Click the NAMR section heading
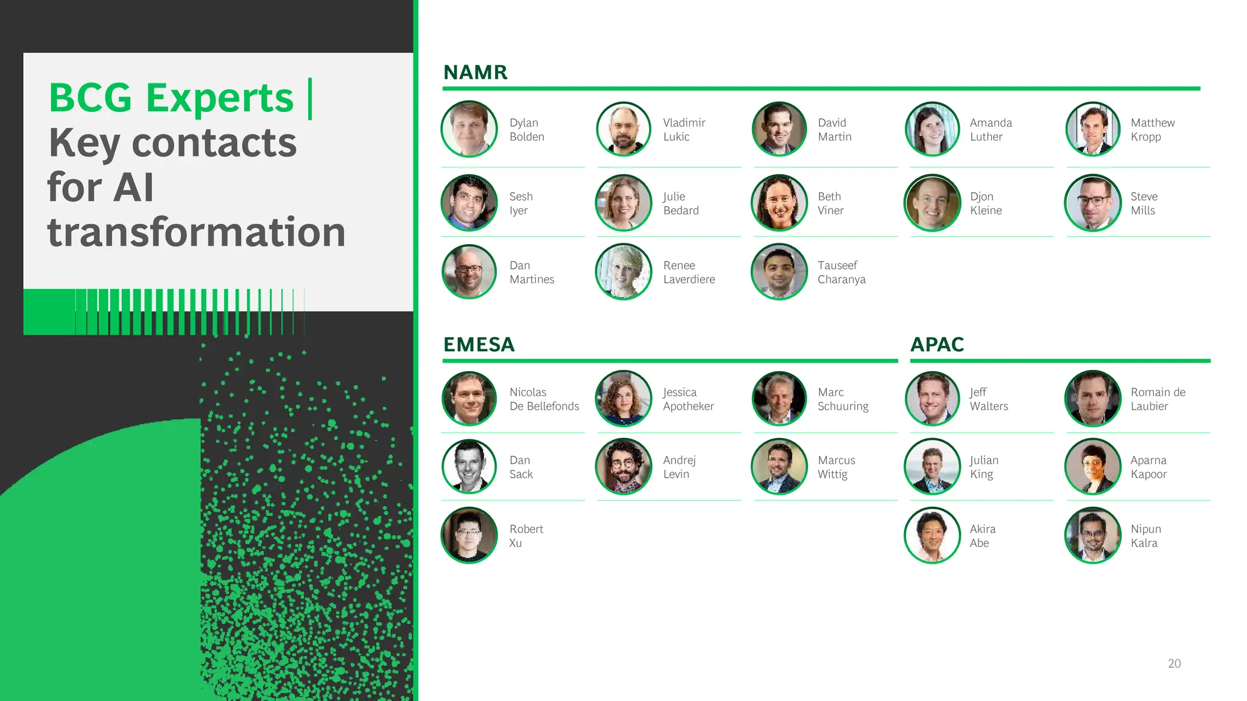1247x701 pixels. (x=475, y=72)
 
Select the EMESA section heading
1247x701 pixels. (x=479, y=344)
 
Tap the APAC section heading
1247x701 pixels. (x=937, y=344)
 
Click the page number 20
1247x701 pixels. (x=1174, y=663)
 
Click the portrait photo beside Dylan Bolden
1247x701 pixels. (x=469, y=129)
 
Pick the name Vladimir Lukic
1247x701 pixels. (x=684, y=130)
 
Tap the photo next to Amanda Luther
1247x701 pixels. (x=932, y=129)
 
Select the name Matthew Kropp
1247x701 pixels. (x=1152, y=130)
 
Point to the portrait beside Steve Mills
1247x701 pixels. (x=1093, y=203)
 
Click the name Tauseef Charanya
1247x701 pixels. (x=841, y=272)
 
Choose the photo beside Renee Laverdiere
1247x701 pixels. (x=623, y=271)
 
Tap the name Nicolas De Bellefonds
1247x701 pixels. (x=544, y=399)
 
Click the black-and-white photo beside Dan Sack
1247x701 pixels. (x=469, y=467)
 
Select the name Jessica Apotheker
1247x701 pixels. (x=688, y=399)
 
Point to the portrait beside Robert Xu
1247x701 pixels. (x=469, y=535)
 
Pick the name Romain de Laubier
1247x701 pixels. (x=1157, y=399)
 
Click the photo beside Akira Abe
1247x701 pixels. (x=932, y=535)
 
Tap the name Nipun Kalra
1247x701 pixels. (x=1145, y=536)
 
